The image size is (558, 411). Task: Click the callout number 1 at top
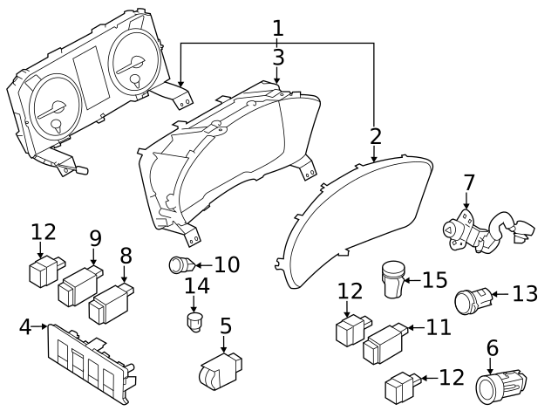click(277, 28)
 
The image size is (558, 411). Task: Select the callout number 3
click(277, 58)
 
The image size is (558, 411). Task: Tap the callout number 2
click(375, 137)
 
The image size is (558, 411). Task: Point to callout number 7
click(469, 184)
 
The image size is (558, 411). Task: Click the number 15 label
click(434, 280)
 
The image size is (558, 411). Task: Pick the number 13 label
click(525, 294)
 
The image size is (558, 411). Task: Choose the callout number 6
click(492, 348)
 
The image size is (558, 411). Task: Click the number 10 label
click(226, 264)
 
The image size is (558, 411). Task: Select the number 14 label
click(197, 287)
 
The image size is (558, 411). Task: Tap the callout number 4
click(25, 327)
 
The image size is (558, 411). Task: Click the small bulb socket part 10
click(180, 264)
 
